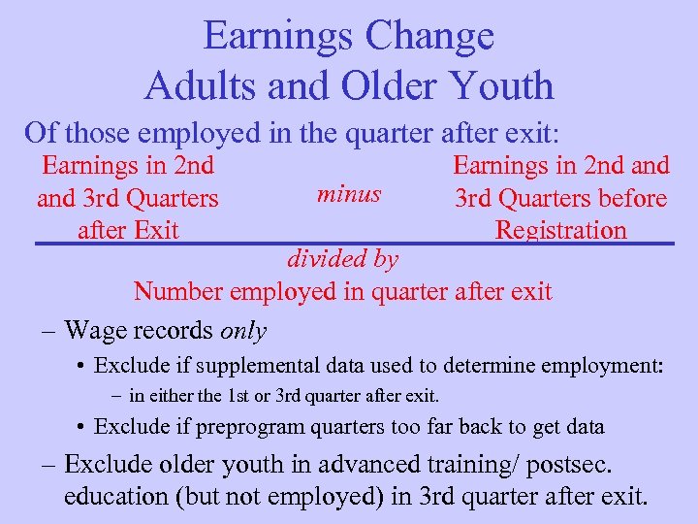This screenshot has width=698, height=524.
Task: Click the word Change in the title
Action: click(430, 37)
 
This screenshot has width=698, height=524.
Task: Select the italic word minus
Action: click(349, 193)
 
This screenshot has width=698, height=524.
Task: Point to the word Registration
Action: click(560, 230)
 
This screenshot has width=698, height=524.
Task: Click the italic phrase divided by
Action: click(342, 259)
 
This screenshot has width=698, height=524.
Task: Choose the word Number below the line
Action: click(180, 291)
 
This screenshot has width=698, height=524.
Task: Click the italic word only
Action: click(243, 330)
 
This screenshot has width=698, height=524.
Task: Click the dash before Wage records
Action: click(48, 331)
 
